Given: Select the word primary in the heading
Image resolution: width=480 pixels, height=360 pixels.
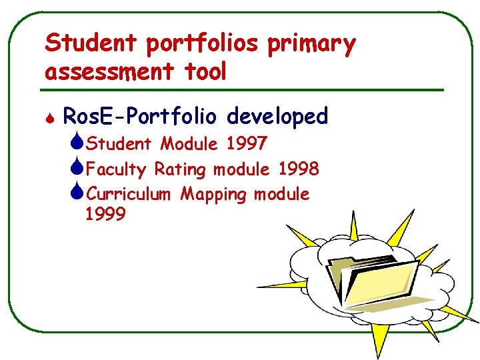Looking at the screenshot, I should [312, 44].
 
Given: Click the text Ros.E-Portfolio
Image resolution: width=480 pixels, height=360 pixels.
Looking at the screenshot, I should [140, 117].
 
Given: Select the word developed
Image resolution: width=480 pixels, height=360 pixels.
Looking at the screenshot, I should [277, 117].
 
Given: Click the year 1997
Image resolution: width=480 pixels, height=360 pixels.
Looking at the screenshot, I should [247, 144].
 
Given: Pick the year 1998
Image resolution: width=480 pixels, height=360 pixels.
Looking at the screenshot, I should [299, 169].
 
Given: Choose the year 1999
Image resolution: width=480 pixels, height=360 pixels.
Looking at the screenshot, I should [105, 215].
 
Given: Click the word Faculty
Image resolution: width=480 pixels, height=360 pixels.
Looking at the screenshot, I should [116, 169].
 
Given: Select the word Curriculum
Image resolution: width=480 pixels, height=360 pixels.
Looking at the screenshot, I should [130, 195].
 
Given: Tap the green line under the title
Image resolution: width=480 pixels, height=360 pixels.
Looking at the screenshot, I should [244, 89].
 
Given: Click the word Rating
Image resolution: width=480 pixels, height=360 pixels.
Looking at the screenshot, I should [181, 169].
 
